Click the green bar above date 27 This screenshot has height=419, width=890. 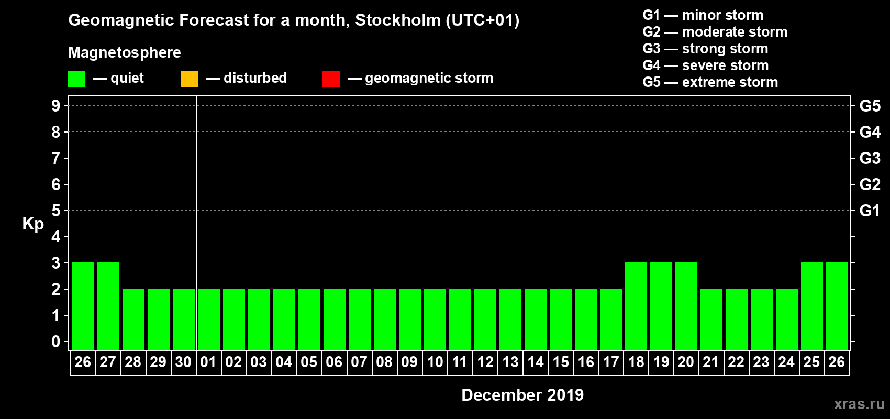point(108,306)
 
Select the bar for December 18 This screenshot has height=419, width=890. point(636,306)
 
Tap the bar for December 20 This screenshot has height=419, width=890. point(686,306)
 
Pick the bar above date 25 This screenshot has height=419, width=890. point(812,306)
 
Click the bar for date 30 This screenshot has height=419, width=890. point(184,319)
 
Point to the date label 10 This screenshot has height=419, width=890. point(435,362)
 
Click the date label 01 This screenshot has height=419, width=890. point(208,362)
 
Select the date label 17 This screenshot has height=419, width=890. point(610,362)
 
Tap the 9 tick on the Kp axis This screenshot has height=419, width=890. point(56,106)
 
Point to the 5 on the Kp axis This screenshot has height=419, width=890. point(56,211)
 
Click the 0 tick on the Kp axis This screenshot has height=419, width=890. point(56,341)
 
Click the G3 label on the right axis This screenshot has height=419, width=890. point(870,158)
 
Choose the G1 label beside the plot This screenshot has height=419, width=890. point(870,211)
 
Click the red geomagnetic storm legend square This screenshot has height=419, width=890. point(331,79)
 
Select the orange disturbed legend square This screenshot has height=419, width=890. point(190,79)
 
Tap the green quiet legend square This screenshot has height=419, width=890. point(77,79)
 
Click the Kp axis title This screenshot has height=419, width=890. point(33,224)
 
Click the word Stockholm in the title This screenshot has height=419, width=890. point(398,20)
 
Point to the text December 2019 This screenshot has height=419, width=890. point(522,395)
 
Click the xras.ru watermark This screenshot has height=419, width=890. point(859,404)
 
